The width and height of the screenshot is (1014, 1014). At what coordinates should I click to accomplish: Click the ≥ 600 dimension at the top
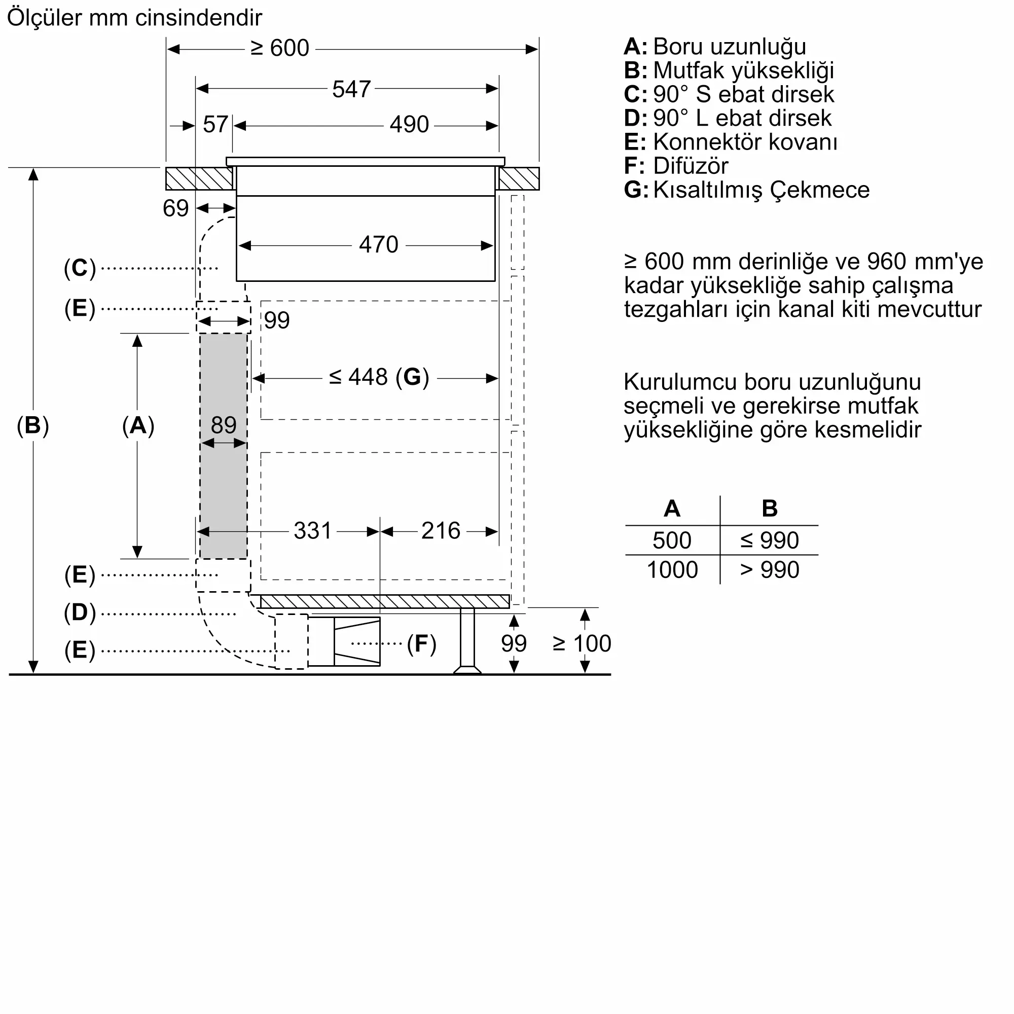pos(280,48)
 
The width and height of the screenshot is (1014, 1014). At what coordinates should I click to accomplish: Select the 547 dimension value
pos(351,89)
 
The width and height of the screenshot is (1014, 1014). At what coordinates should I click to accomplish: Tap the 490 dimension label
pos(409,125)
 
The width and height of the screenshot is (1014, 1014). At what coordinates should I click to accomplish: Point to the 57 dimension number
pos(215,125)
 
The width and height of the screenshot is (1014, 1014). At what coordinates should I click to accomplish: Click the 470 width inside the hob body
pos(378,245)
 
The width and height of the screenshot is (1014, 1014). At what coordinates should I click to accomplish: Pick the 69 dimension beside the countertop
pos(175,208)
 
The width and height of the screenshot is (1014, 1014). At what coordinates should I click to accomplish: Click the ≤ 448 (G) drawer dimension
pos(379,377)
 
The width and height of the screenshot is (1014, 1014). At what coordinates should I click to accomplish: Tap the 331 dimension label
pos(312,531)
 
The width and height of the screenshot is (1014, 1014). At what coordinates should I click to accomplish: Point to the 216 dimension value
pos(441,531)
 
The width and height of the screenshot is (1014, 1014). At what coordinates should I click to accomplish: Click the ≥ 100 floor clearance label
pos(582,644)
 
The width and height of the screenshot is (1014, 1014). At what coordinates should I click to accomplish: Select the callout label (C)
pos(80,268)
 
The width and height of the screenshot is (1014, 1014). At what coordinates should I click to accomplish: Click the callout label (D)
pos(80,612)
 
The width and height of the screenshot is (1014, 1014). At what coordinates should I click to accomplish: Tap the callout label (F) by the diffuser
pos(421,644)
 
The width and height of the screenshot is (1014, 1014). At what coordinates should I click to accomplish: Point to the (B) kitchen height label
pos(32,425)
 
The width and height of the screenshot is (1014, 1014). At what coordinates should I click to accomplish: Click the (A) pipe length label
pos(138,425)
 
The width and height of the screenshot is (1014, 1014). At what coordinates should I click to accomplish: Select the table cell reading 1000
pos(672,570)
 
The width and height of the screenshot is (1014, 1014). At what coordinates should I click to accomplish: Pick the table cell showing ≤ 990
pos(770,540)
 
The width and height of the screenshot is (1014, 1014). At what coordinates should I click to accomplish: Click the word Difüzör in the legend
pos(690,166)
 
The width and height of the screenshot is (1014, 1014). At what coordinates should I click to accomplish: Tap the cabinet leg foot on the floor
pos(467,670)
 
